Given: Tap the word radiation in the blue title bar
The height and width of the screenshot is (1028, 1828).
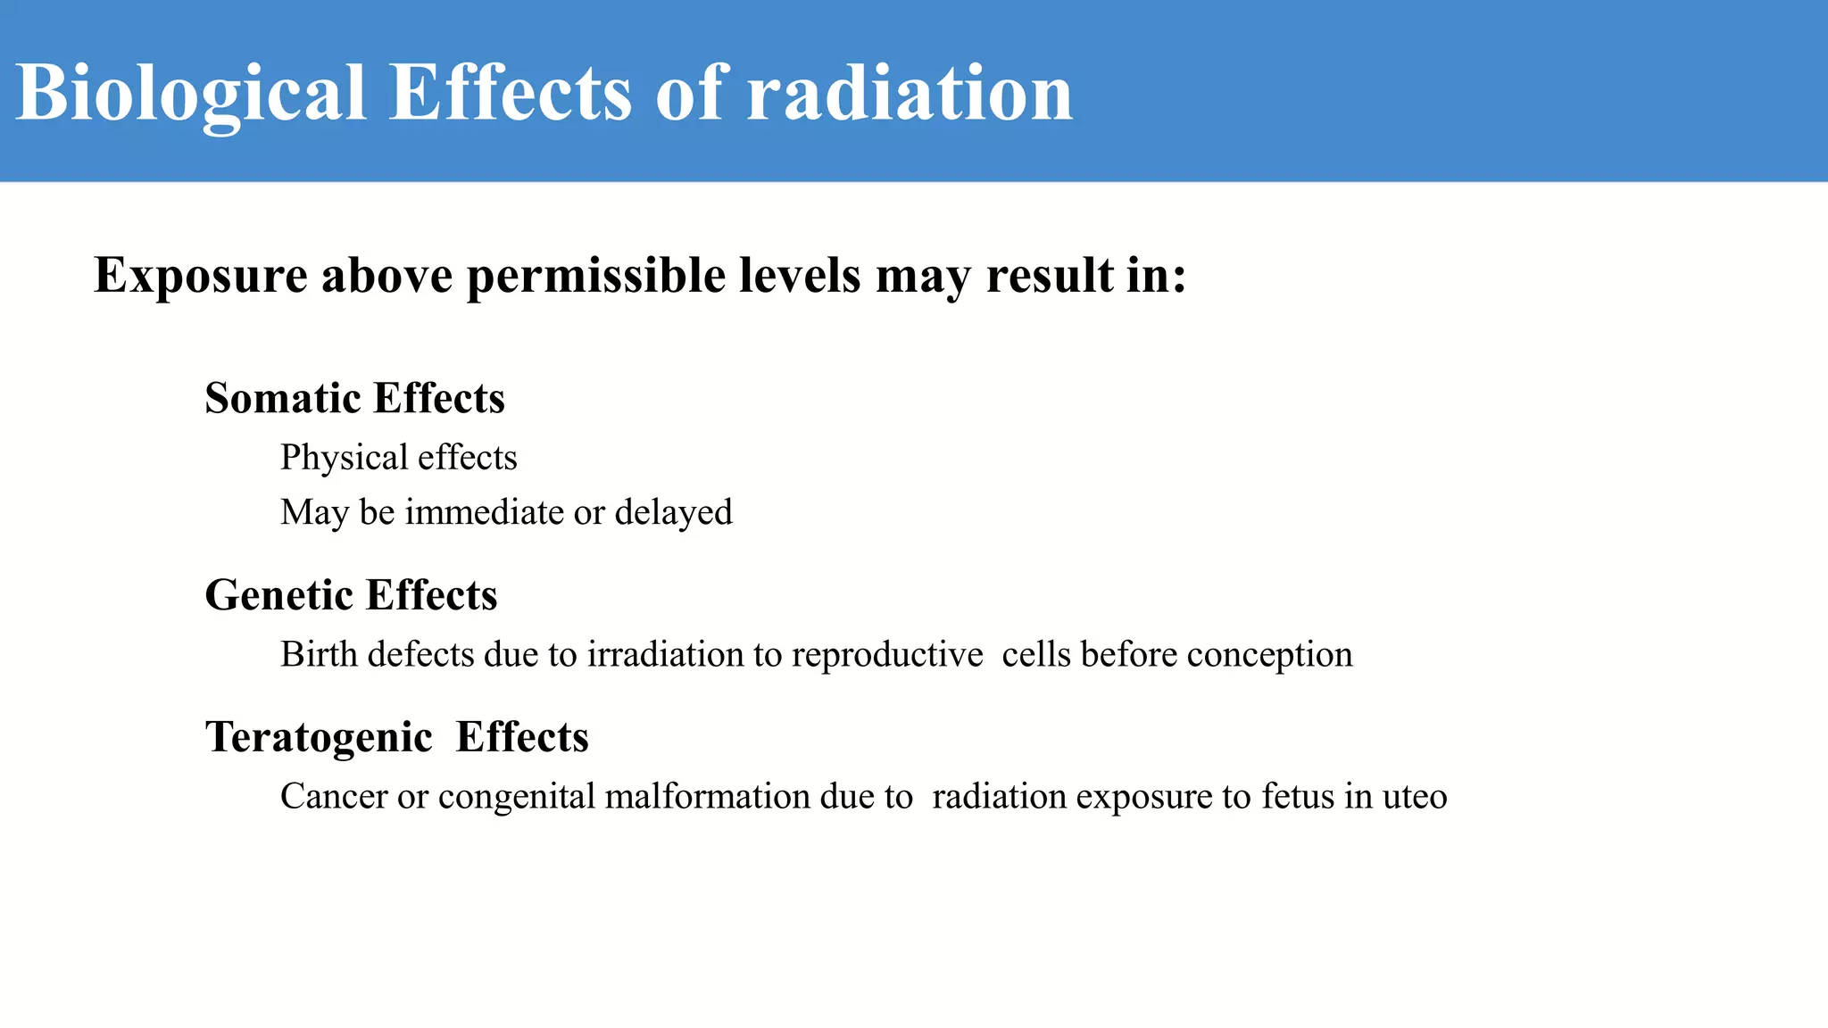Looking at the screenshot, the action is coord(910,94).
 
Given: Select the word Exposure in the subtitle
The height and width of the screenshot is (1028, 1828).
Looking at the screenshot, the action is coord(200,276).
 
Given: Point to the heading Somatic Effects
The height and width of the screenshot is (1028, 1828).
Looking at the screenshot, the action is coord(354,398).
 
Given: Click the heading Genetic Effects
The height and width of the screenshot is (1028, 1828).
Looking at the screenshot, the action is coord(351,595).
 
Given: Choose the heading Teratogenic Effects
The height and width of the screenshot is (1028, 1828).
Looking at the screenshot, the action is coord(396,737).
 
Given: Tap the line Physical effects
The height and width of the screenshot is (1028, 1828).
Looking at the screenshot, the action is coord(398,458).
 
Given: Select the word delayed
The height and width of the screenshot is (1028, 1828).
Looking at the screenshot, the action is coord(673,512).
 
